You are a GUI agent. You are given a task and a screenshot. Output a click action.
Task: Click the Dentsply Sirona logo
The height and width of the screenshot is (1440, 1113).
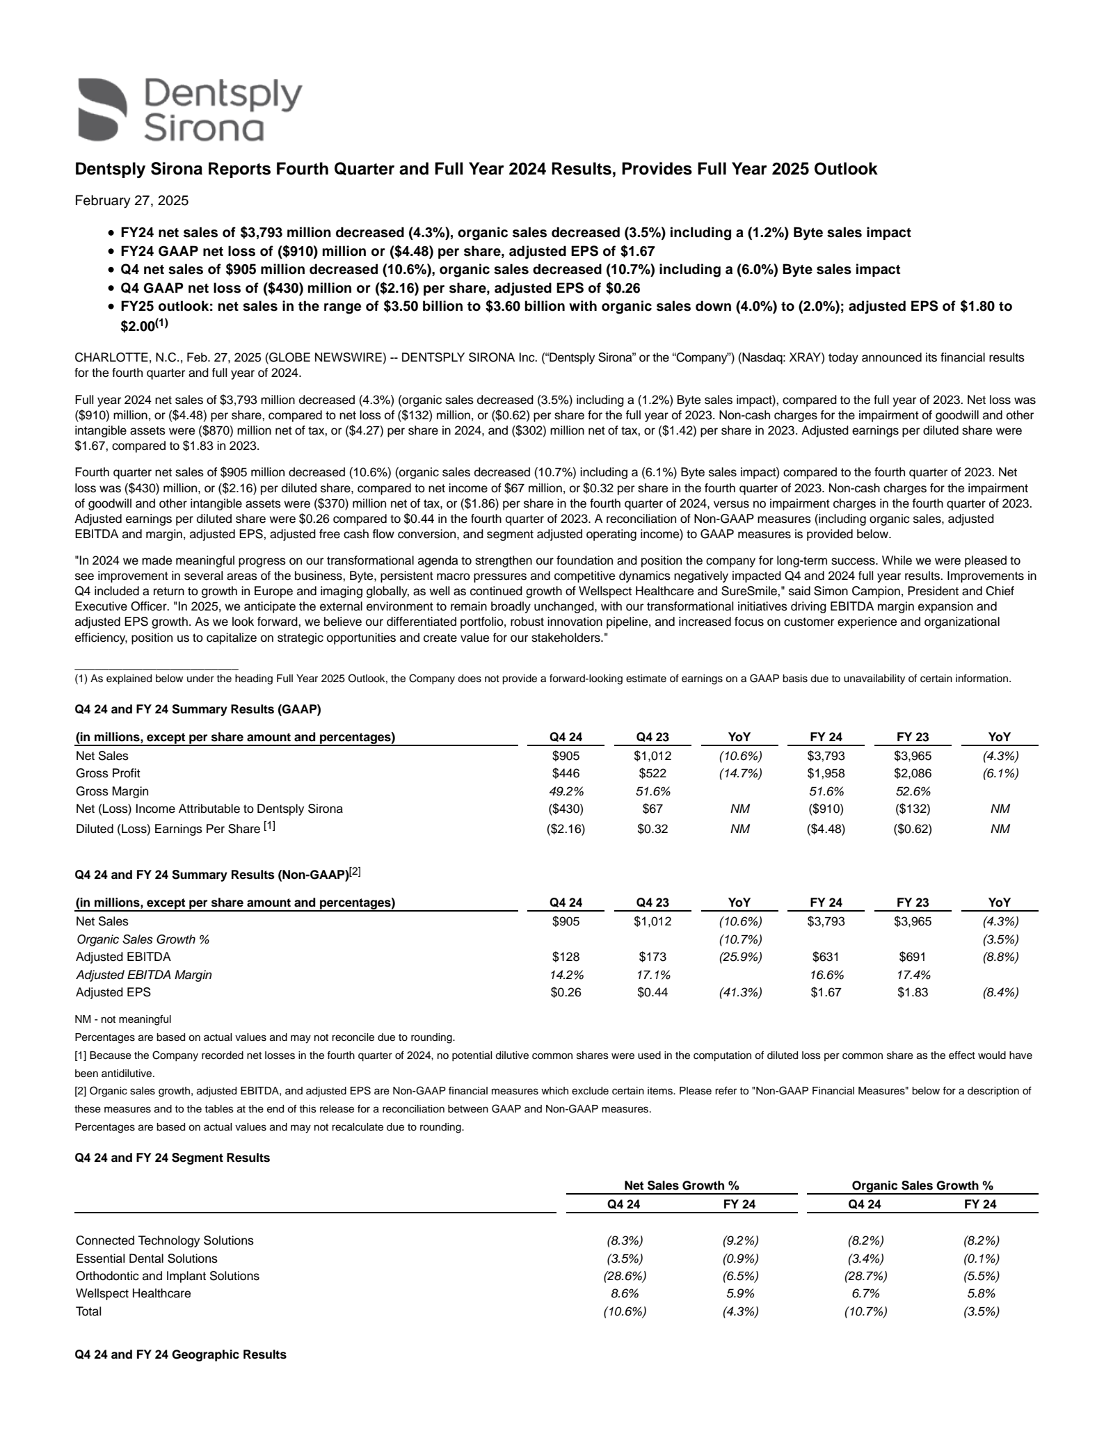point(189,110)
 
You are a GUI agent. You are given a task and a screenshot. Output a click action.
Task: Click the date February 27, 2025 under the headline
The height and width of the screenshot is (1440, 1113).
point(131,201)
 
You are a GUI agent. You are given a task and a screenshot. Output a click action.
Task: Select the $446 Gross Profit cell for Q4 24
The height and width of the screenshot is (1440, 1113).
point(566,773)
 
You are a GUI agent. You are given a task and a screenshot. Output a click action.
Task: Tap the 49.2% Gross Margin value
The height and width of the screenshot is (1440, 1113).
point(566,791)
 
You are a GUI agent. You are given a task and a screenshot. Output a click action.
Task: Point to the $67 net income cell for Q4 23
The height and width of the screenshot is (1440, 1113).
point(652,809)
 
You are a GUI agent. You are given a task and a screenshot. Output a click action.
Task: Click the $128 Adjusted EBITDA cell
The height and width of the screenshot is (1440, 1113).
point(566,957)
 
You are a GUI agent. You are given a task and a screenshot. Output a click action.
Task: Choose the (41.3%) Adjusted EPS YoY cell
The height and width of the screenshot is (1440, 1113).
point(739,992)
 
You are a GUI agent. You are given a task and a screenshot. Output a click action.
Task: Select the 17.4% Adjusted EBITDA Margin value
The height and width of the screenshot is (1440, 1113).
point(913,975)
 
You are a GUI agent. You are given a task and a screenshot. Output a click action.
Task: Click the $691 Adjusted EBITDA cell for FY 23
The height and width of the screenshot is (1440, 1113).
point(913,957)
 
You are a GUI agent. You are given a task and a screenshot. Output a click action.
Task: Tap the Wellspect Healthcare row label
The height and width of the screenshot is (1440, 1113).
point(133,1293)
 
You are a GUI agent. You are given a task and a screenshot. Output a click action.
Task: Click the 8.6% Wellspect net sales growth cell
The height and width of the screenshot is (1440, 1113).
point(624,1293)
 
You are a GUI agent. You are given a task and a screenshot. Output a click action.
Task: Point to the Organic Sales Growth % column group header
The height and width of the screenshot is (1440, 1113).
point(922,1186)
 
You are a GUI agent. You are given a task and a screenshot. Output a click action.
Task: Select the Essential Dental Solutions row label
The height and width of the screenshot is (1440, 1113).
point(146,1259)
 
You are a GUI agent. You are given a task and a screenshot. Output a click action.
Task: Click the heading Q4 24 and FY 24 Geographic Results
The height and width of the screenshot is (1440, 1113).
point(180,1354)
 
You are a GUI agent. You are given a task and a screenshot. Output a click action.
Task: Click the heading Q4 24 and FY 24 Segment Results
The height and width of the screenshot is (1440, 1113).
point(172,1158)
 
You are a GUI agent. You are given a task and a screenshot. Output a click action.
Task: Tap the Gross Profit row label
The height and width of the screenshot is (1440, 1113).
point(108,773)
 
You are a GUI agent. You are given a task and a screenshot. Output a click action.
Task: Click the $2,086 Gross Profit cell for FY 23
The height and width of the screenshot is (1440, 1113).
point(913,773)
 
